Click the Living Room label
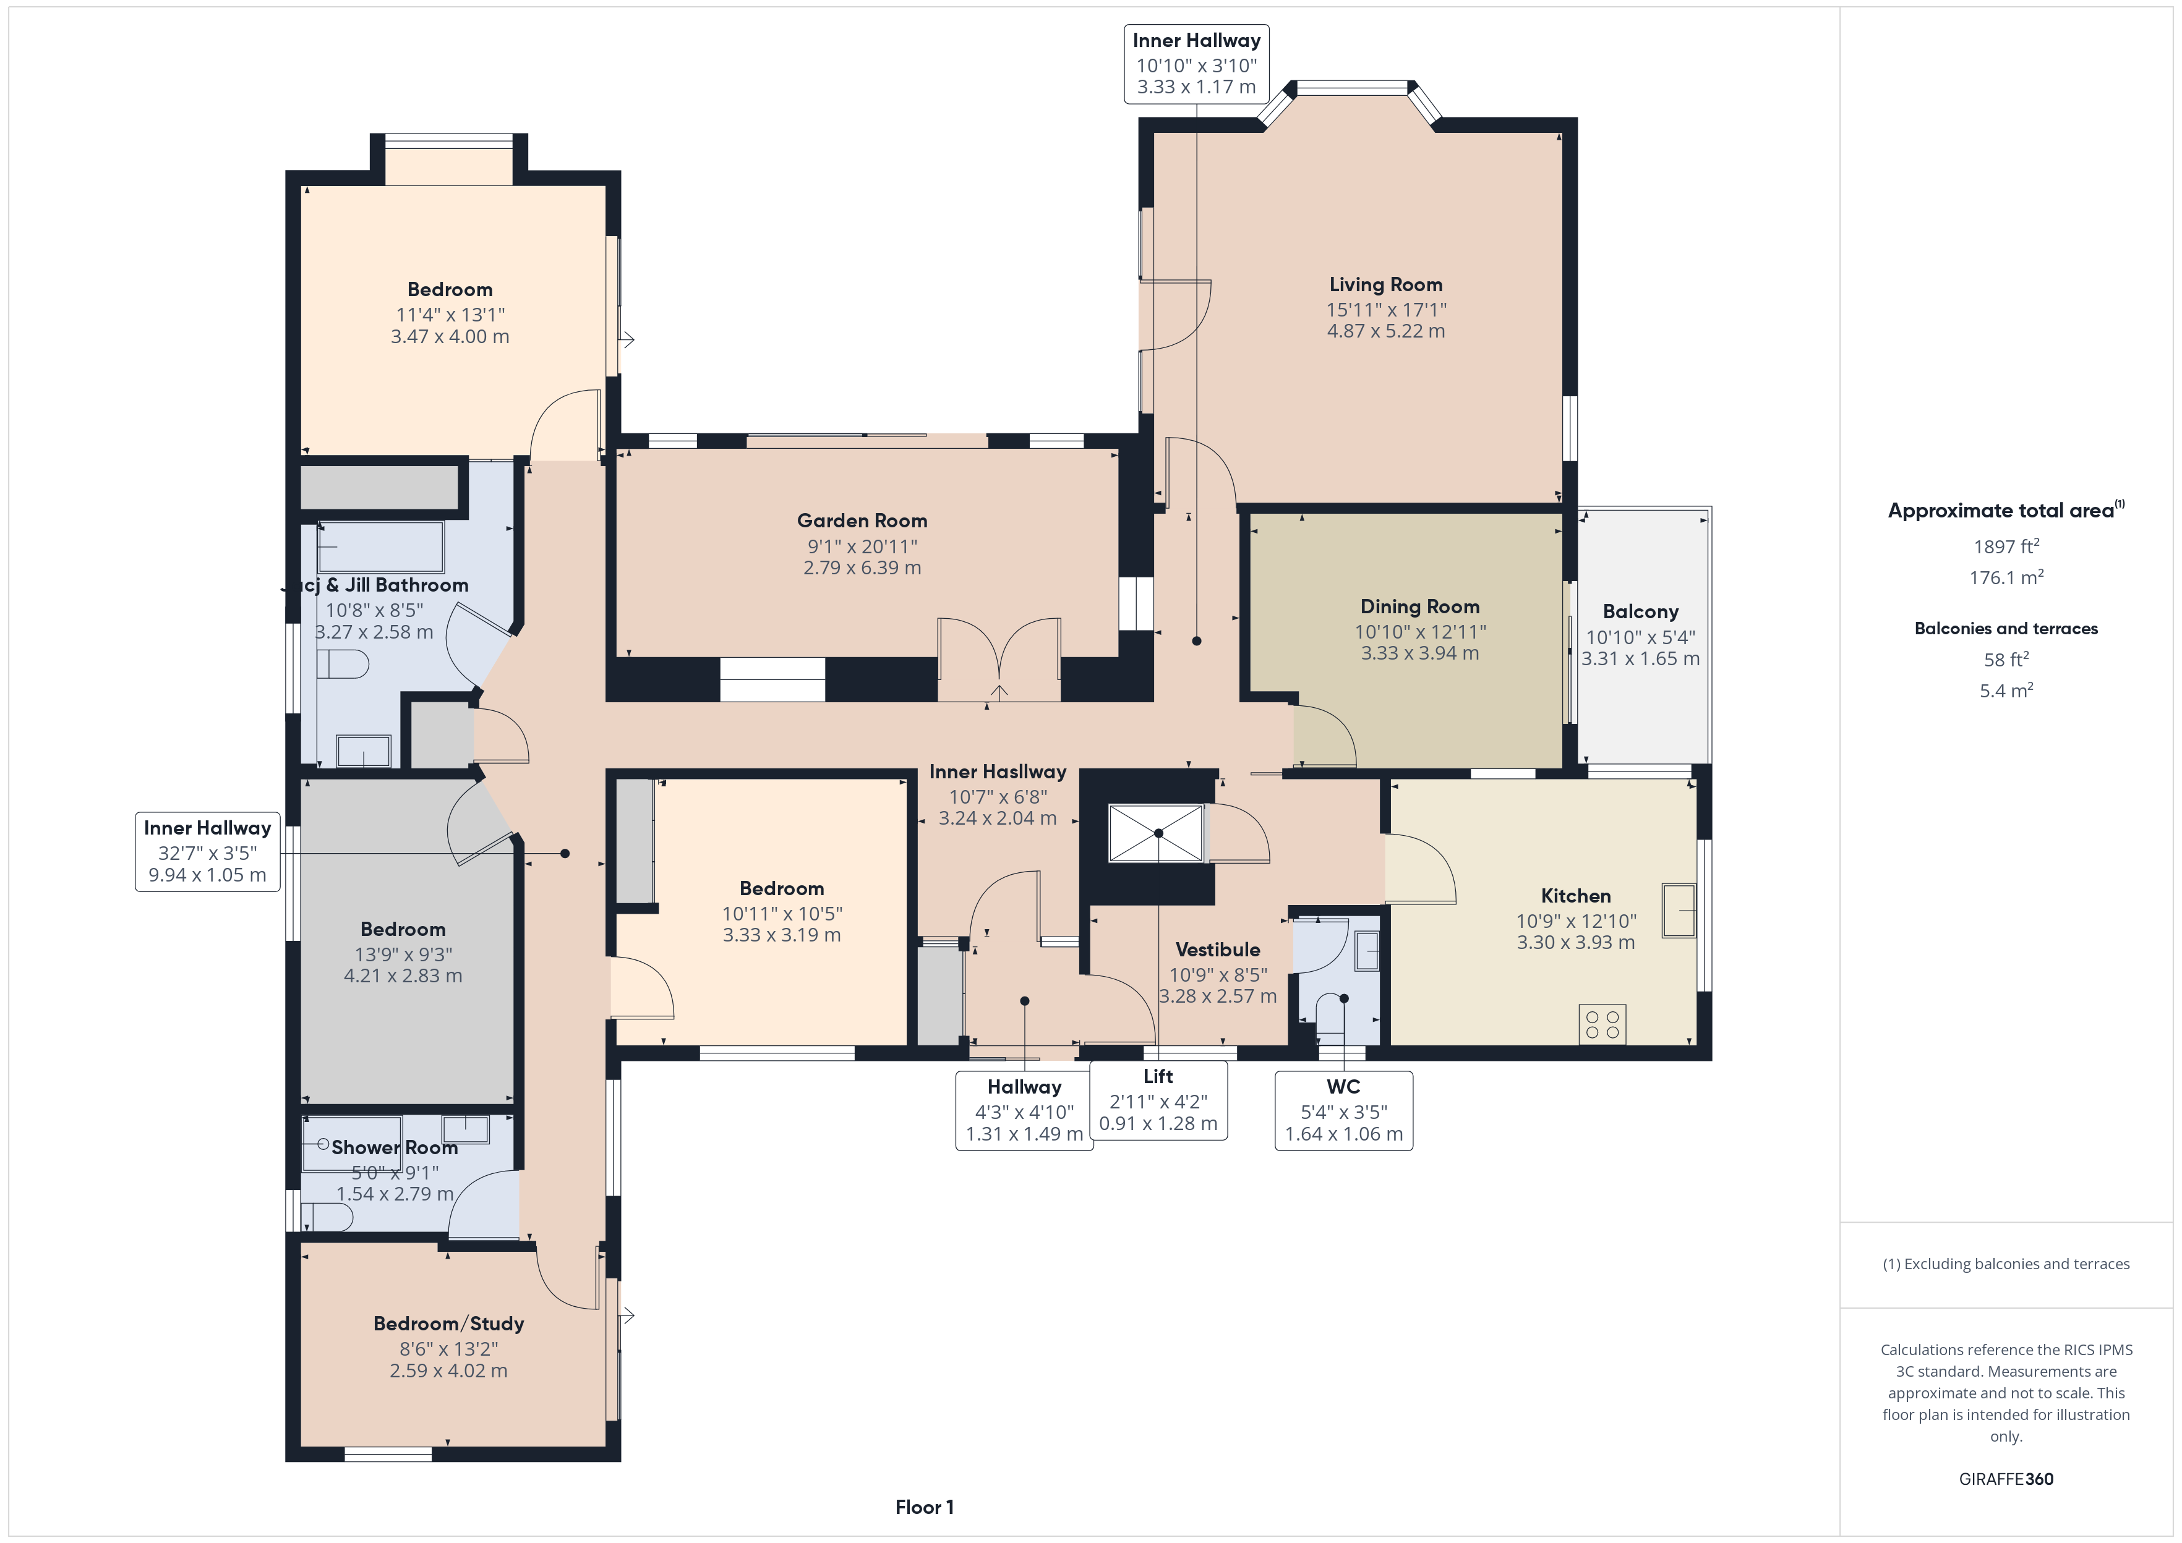tap(1385, 284)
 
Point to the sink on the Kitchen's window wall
tap(1679, 910)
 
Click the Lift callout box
tap(1158, 1100)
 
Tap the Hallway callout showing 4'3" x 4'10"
tap(1024, 1110)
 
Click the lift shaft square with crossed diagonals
tap(1157, 833)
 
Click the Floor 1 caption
tap(924, 1507)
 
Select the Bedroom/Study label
tap(448, 1324)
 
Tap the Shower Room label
tap(395, 1148)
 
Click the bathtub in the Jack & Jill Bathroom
tap(381, 546)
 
